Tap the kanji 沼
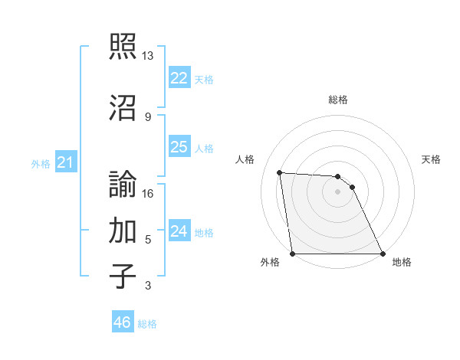(123, 106)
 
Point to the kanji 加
(123, 231)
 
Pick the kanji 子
(123, 277)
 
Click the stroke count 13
(148, 56)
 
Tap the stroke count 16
(148, 194)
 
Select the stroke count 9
(148, 116)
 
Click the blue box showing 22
(179, 78)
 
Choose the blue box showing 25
(179, 147)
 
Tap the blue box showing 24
(179, 231)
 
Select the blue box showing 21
(65, 162)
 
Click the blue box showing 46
(122, 322)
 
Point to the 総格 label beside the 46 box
(147, 324)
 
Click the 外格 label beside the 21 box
(41, 164)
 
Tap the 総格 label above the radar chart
(338, 100)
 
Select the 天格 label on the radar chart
(431, 159)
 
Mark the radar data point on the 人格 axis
(280, 172)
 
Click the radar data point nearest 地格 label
(382, 254)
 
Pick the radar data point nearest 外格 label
(293, 254)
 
